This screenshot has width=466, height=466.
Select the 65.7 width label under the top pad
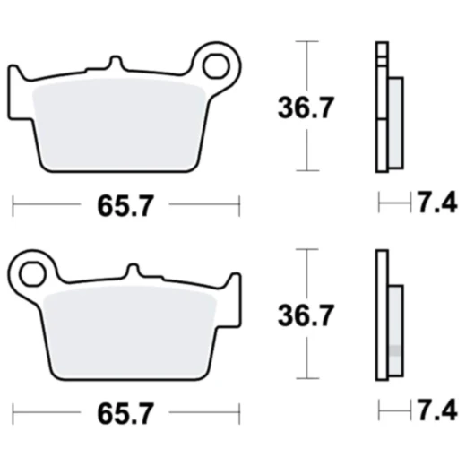click(x=126, y=207)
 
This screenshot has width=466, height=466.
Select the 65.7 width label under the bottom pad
click(x=126, y=414)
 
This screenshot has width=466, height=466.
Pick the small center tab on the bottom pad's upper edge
click(x=133, y=270)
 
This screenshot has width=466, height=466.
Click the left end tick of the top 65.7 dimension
click(x=13, y=207)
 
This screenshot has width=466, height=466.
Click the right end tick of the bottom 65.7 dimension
click(x=239, y=414)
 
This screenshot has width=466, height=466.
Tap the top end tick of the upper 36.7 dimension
click(x=307, y=40)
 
